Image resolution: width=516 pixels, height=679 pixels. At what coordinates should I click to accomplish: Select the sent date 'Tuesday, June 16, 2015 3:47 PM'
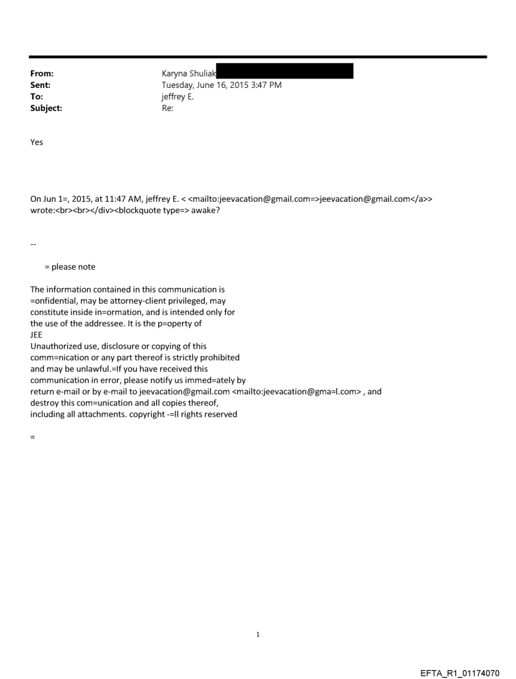tap(221, 85)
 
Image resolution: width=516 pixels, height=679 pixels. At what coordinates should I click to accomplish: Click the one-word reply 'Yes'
tap(37, 142)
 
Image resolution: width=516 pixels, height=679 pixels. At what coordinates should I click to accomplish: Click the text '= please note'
tap(70, 266)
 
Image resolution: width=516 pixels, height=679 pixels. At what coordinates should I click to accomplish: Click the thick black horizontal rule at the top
tap(258, 57)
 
